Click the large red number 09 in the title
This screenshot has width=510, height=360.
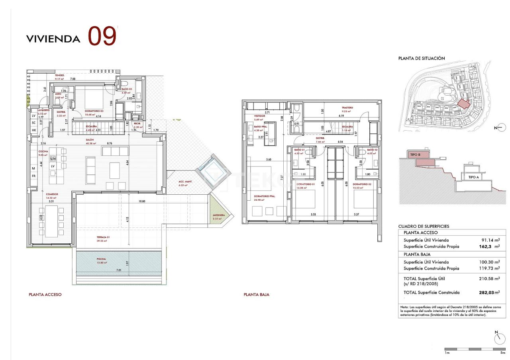tap(102, 36)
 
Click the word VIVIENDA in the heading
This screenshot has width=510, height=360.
tap(53, 39)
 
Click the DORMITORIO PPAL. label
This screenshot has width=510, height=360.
tap(265, 196)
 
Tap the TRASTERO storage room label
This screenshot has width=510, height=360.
tap(347, 108)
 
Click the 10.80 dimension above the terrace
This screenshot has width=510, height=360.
tap(141, 202)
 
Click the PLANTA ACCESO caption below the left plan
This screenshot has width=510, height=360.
tap(45, 295)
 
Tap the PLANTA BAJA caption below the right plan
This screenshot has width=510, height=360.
tap(256, 295)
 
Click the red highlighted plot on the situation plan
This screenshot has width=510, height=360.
tap(463, 104)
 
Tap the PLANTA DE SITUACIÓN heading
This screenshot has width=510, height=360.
tap(422, 58)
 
